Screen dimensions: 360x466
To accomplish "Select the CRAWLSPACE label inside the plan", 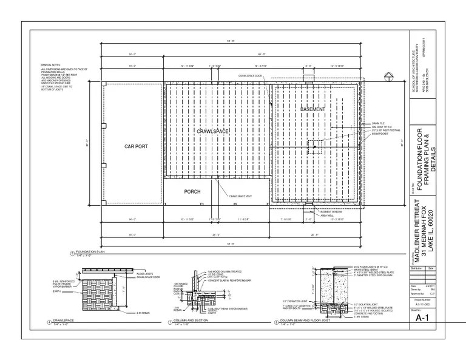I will [211, 131].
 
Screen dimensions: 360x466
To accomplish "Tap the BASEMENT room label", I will [312, 109].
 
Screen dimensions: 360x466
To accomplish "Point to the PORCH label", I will [192, 192].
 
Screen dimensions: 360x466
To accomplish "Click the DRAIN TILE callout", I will [371, 123].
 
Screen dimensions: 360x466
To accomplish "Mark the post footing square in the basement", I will [315, 146].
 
